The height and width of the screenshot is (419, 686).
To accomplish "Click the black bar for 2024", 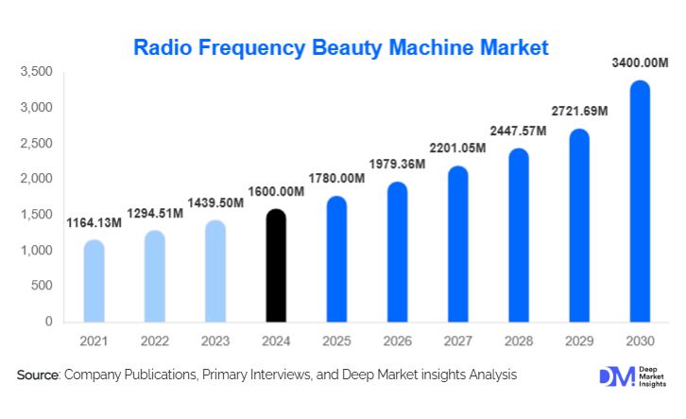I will (275, 266).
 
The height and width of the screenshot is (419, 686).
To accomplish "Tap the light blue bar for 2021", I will (94, 282).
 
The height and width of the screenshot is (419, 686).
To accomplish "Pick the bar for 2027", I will (457, 245).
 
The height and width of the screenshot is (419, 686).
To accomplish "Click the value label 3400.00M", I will (638, 63).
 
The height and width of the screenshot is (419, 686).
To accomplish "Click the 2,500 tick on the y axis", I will (37, 143).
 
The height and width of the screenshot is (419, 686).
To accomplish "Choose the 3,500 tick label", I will (37, 72).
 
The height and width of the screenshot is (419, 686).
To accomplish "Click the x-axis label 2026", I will (397, 340).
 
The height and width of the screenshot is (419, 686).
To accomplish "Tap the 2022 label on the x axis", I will (154, 340).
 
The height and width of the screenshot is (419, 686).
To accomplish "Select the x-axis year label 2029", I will (579, 340).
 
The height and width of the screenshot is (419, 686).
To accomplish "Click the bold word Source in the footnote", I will (38, 375).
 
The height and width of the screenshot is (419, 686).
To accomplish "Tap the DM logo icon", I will (613, 375).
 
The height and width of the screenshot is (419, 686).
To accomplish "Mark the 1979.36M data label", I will (397, 165).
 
